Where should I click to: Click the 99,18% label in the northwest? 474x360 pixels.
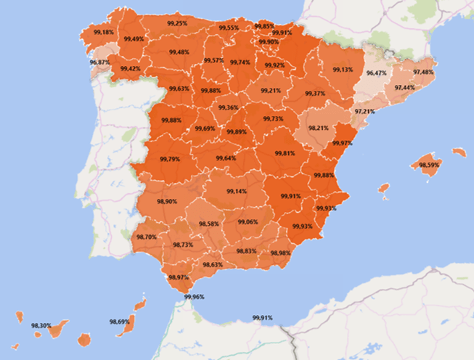[x=104, y=33]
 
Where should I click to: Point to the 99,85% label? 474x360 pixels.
[x=264, y=26]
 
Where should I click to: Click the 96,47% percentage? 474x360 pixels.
[x=377, y=73]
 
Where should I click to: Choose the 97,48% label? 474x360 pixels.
[x=423, y=72]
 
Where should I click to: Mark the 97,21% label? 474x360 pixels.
[x=365, y=111]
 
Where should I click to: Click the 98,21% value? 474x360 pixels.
[x=319, y=128]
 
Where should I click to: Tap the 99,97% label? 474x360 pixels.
[x=342, y=143]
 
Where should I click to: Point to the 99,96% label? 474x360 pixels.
[x=194, y=297]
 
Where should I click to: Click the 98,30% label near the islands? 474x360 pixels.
[x=41, y=326]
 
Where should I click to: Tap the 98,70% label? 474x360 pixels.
[x=146, y=237]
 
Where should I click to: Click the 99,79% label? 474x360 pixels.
[x=169, y=159]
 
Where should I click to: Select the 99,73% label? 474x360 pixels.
[x=273, y=119]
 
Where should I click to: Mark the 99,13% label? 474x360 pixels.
[x=343, y=69]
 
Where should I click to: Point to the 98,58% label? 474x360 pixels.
[x=208, y=224]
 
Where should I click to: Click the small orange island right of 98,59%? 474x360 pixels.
[x=458, y=152]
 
